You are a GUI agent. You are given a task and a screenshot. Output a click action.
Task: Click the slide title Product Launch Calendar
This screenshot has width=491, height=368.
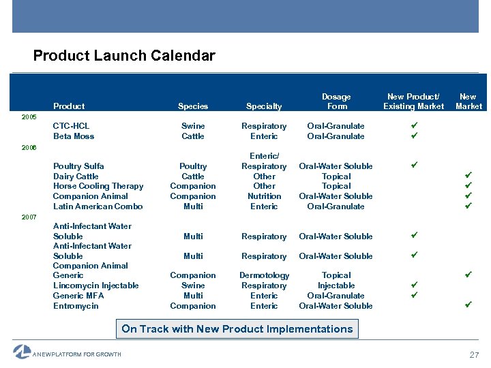[123, 56]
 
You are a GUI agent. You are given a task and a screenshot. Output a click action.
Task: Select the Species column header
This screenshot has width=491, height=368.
[193, 106]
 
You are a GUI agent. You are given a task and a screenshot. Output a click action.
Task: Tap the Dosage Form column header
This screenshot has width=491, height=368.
[336, 102]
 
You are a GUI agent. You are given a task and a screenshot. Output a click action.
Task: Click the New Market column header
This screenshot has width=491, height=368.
[468, 102]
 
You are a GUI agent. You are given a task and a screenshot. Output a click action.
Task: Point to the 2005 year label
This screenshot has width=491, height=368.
[29, 117]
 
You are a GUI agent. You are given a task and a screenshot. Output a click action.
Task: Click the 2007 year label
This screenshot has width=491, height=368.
[29, 217]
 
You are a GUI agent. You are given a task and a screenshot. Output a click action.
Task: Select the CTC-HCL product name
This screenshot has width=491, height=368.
[71, 126]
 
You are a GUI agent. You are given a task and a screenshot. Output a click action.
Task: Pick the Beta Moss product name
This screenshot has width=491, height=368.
[74, 136]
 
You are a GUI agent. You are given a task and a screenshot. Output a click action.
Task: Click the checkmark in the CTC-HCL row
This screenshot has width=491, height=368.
[413, 126]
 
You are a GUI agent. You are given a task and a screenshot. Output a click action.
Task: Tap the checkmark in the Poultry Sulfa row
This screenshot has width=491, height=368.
[413, 166]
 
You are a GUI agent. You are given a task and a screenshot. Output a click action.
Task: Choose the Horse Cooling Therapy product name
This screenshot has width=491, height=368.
[98, 186]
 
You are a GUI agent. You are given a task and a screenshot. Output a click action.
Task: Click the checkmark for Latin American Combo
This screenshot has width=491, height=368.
[468, 206]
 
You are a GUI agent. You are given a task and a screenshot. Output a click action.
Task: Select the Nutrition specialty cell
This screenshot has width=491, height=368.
[264, 196]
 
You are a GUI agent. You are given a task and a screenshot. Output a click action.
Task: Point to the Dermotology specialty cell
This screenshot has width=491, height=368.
[264, 275]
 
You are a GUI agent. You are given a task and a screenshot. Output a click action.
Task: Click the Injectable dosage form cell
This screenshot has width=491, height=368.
[336, 286]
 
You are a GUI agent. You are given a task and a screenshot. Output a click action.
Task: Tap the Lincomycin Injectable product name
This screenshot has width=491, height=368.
[95, 286]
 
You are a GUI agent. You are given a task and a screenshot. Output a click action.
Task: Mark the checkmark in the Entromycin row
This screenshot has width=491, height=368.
[468, 305]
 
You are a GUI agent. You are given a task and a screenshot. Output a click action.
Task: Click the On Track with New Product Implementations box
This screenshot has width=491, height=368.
[237, 329]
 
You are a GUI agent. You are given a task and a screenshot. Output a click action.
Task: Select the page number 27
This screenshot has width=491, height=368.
[474, 355]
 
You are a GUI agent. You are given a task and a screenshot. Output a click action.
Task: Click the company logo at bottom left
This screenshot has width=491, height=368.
[22, 352]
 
